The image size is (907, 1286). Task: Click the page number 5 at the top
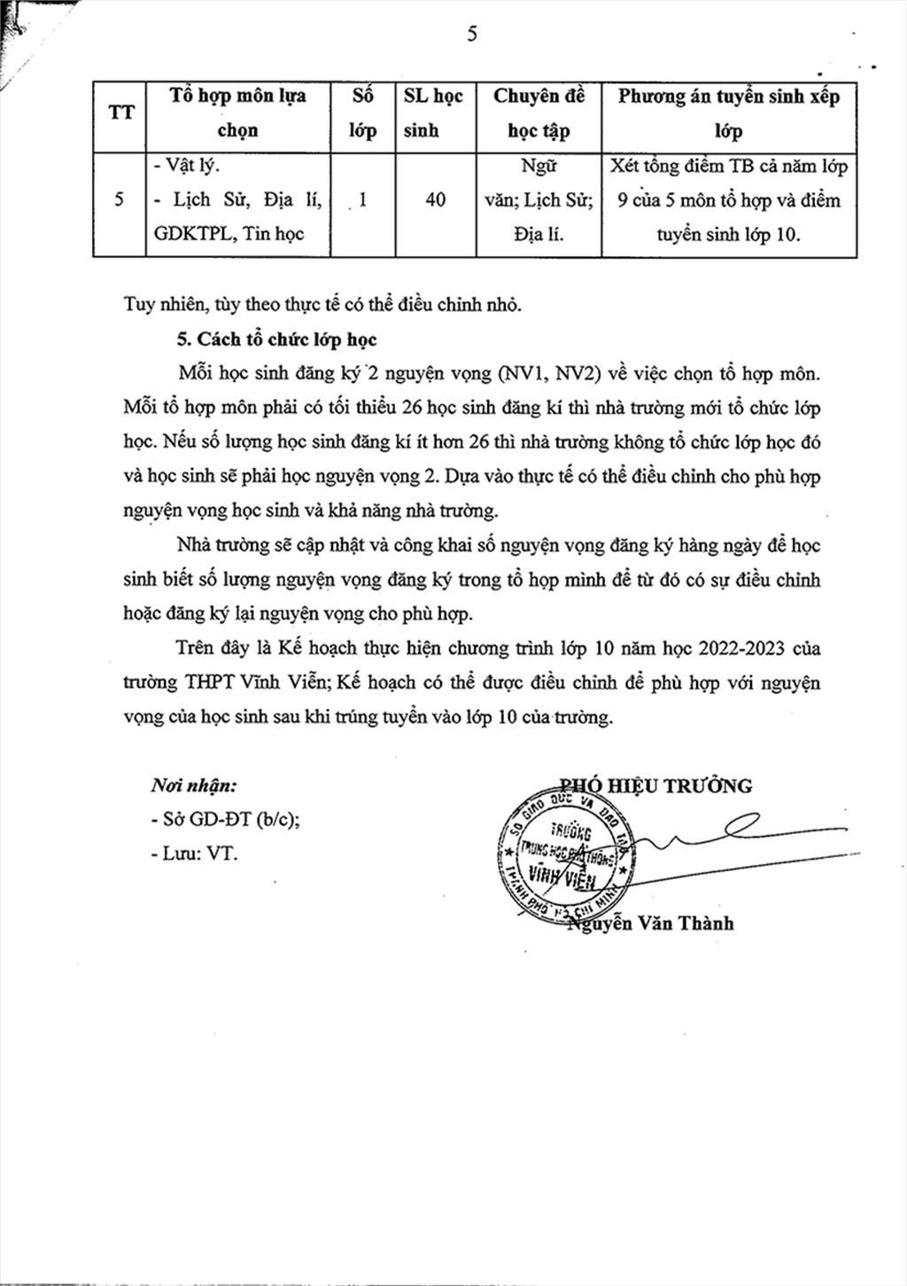tap(471, 35)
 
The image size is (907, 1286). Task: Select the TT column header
tap(120, 113)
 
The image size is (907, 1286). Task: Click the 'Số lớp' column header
tap(362, 113)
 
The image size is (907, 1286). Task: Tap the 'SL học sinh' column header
tap(433, 113)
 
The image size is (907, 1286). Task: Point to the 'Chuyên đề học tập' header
tap(539, 113)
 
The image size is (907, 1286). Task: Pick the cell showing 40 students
tap(435, 199)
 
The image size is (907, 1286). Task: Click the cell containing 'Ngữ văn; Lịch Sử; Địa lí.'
tap(539, 199)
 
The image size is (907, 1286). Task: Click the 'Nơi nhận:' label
tap(193, 785)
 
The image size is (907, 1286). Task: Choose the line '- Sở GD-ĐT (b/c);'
tap(225, 820)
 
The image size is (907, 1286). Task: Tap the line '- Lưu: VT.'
tap(194, 853)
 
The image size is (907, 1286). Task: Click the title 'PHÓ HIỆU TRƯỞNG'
tap(656, 785)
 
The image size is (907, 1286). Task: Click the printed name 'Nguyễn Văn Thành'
tap(651, 924)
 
